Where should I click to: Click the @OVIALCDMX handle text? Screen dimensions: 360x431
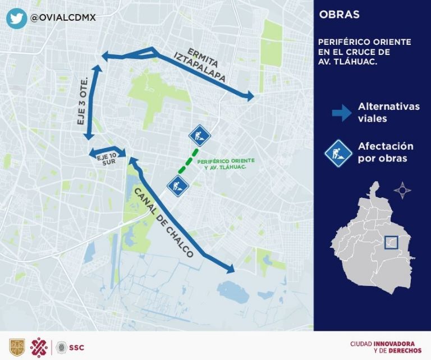[63, 17]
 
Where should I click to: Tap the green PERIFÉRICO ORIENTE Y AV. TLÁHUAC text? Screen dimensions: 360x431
[223, 164]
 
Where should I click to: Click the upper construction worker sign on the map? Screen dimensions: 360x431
[199, 135]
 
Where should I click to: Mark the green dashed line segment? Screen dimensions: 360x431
[189, 161]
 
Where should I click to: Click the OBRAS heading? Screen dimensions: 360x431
[339, 15]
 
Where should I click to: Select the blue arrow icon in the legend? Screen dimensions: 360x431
[341, 113]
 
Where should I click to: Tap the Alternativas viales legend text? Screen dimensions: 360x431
[388, 112]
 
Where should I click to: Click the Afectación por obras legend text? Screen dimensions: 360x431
[386, 152]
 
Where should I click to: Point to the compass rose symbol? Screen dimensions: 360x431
[402, 190]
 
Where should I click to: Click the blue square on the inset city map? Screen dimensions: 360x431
[391, 243]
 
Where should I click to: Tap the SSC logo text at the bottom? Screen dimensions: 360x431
[77, 348]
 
